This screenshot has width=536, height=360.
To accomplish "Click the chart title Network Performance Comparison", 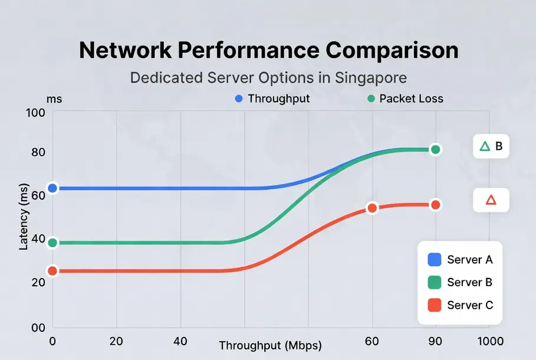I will [268, 51].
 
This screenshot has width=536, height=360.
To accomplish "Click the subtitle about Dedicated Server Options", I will [268, 78].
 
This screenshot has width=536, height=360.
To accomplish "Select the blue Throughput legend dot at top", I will [239, 99].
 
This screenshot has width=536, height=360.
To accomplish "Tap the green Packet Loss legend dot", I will [370, 99].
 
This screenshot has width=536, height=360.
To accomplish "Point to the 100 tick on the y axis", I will [37, 113].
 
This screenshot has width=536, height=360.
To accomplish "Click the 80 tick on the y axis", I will [38, 152].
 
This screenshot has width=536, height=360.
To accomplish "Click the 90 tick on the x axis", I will [436, 341].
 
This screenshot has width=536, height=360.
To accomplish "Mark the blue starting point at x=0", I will [52, 188].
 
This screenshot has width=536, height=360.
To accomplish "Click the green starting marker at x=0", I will [52, 243].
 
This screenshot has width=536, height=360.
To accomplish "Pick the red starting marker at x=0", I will [52, 271].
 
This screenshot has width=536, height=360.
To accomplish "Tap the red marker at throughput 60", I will [372, 208].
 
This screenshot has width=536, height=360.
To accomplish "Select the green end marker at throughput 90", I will [436, 149].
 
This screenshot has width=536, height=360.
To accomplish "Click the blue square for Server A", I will [434, 259].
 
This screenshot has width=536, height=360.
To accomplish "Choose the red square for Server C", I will [434, 305].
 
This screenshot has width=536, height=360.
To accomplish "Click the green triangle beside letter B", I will [485, 146].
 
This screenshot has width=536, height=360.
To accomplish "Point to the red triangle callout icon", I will [491, 201].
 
